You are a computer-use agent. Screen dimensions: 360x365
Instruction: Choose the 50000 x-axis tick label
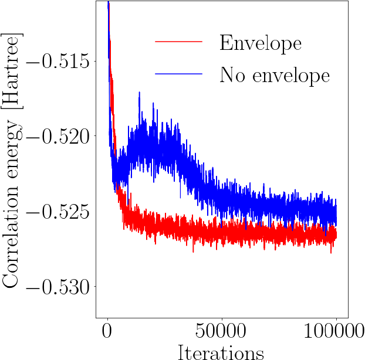[x=221, y=331]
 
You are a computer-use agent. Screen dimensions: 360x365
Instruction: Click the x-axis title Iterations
[x=221, y=351]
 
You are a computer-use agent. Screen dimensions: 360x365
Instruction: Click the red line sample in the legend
[x=178, y=42]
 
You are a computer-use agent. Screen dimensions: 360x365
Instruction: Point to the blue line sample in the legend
[x=178, y=74]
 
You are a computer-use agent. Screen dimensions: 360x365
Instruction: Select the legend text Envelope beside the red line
[x=261, y=42]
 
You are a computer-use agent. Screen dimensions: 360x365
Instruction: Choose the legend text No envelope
[x=275, y=74]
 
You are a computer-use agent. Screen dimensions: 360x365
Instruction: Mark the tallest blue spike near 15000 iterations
[x=139, y=93]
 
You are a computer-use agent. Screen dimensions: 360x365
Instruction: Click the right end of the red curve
[x=336, y=235]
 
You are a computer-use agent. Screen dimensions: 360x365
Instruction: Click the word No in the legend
[x=230, y=74]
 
